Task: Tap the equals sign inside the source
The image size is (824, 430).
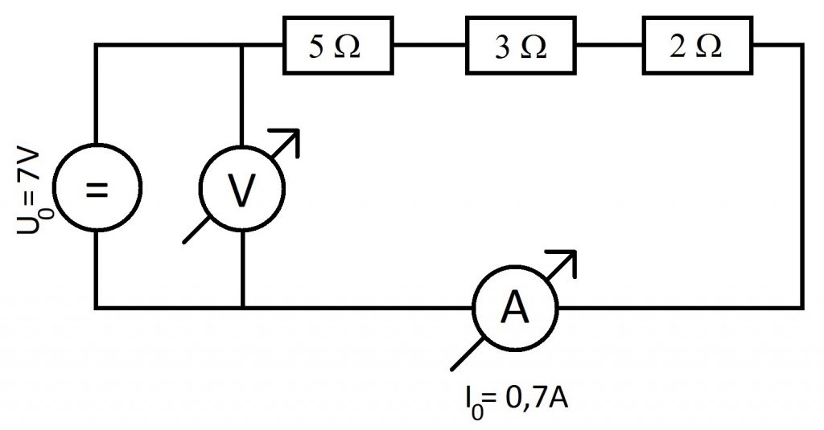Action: pyautogui.click(x=97, y=189)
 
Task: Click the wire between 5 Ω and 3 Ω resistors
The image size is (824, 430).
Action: pyautogui.click(x=430, y=45)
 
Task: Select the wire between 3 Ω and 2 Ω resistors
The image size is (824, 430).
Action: pyautogui.click(x=609, y=45)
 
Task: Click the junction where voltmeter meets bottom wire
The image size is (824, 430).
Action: pyautogui.click(x=242, y=308)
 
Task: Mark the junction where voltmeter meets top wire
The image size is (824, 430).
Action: pyautogui.click(x=241, y=45)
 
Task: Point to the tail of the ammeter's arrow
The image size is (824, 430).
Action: pyautogui.click(x=452, y=371)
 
